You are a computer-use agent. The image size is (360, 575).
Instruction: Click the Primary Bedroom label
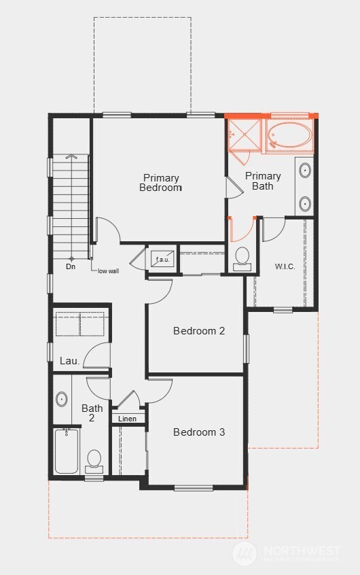click(x=160, y=183)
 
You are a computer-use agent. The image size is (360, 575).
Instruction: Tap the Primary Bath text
click(x=263, y=181)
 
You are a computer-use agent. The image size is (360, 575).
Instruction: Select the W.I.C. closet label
click(x=284, y=266)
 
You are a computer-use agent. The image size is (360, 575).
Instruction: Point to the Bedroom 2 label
click(x=198, y=331)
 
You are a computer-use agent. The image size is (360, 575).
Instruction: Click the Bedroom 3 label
click(x=198, y=432)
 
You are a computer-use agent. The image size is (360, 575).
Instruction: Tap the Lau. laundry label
click(x=69, y=361)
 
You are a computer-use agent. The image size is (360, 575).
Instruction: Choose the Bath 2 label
click(x=92, y=413)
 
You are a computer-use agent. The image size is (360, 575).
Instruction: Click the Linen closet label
click(x=127, y=419)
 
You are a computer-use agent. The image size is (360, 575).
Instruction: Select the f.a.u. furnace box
click(x=163, y=259)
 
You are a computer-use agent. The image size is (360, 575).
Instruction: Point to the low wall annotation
click(x=108, y=271)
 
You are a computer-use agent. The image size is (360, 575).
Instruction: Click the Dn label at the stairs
click(x=71, y=266)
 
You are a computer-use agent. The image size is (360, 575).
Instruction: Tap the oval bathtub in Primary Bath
click(x=289, y=135)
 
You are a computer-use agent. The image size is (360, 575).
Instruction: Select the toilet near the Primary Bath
click(x=242, y=257)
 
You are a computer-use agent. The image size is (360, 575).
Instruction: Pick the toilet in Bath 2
click(x=94, y=460)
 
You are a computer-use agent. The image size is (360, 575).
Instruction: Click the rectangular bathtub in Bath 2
click(x=67, y=451)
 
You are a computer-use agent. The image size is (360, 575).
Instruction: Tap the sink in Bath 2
click(x=62, y=399)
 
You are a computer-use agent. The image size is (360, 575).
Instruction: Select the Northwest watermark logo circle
click(x=245, y=553)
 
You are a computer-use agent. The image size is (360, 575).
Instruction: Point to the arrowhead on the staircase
click(x=68, y=157)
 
